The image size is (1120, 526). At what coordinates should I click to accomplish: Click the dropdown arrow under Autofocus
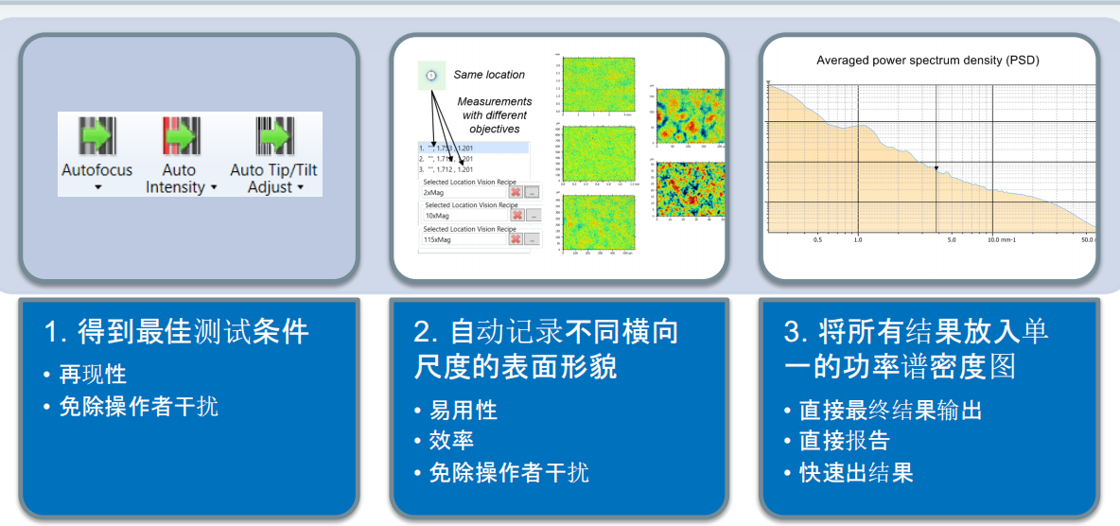pos(97,187)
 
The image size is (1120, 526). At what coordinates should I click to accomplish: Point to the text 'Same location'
pos(489,75)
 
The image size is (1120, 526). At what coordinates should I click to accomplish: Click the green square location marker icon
pos(430,75)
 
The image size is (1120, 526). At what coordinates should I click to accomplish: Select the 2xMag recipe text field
pos(464,192)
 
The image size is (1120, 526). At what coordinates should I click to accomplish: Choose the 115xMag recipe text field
pos(464,239)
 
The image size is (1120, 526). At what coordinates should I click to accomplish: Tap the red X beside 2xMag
pos(516,192)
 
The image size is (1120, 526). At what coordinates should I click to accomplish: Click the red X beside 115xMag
pos(516,239)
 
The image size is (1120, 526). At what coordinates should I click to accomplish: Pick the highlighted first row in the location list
pos(473,148)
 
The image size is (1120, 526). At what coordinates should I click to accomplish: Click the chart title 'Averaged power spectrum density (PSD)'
pos(928,61)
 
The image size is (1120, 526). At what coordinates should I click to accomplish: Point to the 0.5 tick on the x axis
pos(818,240)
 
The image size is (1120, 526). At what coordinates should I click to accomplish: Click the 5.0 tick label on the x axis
pos(952,240)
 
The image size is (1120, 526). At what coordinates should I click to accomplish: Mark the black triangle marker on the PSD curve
pos(936,168)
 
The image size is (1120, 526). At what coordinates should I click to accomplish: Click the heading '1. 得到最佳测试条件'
pos(177,332)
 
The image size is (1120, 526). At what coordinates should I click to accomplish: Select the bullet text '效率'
pos(452,441)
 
